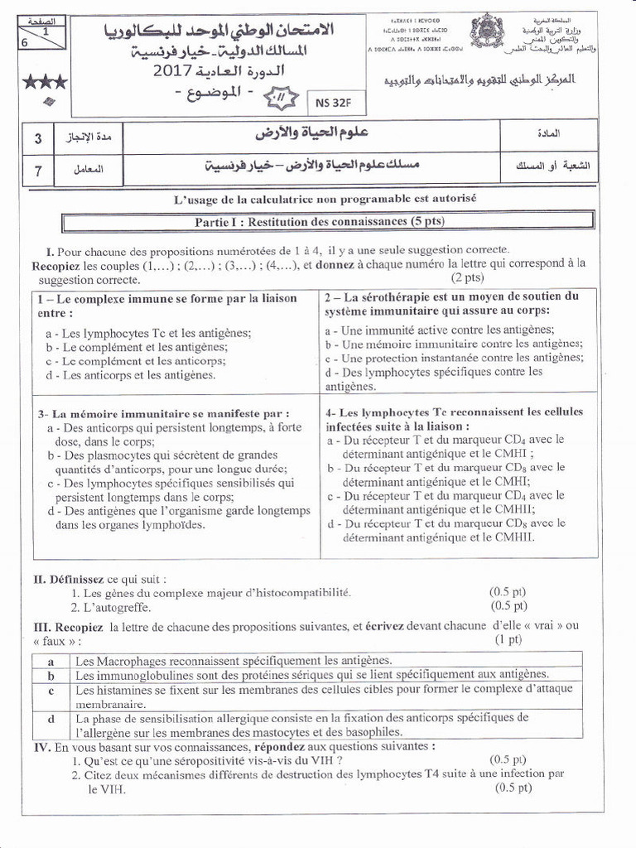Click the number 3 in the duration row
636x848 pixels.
coord(38,137)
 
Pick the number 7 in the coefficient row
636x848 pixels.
coord(38,170)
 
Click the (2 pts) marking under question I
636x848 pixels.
coord(468,277)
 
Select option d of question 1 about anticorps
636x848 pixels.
coord(131,375)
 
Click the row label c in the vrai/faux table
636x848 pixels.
coord(51,691)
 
